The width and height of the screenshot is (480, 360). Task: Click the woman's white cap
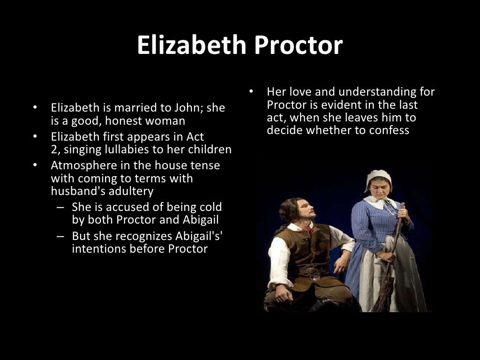click(378, 177)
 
